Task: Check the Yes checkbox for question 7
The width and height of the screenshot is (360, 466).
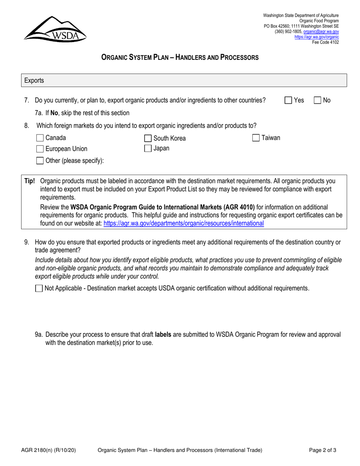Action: [x=289, y=100]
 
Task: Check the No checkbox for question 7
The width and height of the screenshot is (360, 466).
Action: [x=318, y=100]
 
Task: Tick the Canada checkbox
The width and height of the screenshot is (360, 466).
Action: [x=40, y=138]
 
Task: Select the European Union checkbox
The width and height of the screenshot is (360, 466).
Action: [x=40, y=149]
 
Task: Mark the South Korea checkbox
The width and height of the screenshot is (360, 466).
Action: [x=148, y=138]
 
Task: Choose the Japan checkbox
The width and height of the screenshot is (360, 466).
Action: [x=148, y=149]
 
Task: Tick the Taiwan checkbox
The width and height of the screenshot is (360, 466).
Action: [x=256, y=138]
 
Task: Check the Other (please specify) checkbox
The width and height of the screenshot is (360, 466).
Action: [x=40, y=161]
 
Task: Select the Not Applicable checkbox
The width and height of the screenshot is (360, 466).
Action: [x=39, y=288]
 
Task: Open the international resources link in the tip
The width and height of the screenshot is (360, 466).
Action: [x=183, y=224]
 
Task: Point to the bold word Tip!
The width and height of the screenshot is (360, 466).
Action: [x=30, y=181]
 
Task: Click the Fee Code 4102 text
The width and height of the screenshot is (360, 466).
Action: [x=325, y=42]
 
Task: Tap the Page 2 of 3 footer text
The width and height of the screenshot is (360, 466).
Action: [x=322, y=450]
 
